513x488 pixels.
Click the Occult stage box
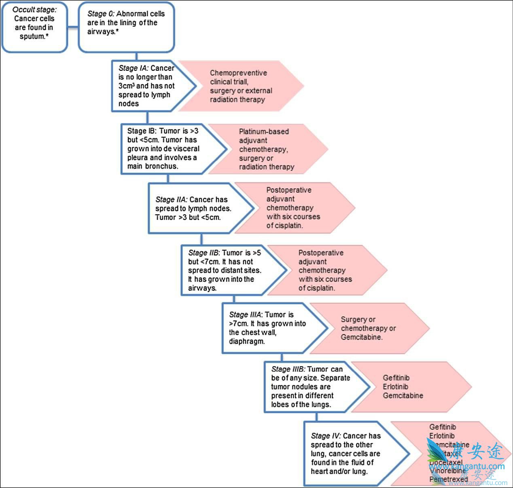click(x=34, y=27)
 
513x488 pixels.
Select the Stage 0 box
click(x=126, y=27)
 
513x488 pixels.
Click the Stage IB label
click(x=142, y=131)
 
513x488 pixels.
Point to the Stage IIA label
click(x=171, y=200)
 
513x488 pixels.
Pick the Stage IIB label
click(x=204, y=253)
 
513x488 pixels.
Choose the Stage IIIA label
click(x=245, y=315)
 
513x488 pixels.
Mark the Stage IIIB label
click(x=288, y=369)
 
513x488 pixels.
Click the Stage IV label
click(x=326, y=436)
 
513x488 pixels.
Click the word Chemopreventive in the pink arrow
click(x=238, y=73)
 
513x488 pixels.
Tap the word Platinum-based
click(x=264, y=131)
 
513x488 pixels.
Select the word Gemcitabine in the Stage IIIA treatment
click(x=361, y=337)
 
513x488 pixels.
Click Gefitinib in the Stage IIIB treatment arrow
click(x=396, y=378)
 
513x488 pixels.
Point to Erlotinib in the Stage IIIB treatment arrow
click(x=395, y=387)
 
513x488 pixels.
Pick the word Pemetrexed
click(x=449, y=480)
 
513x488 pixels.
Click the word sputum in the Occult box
click(x=32, y=37)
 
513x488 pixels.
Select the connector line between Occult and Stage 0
click(x=73, y=27)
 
